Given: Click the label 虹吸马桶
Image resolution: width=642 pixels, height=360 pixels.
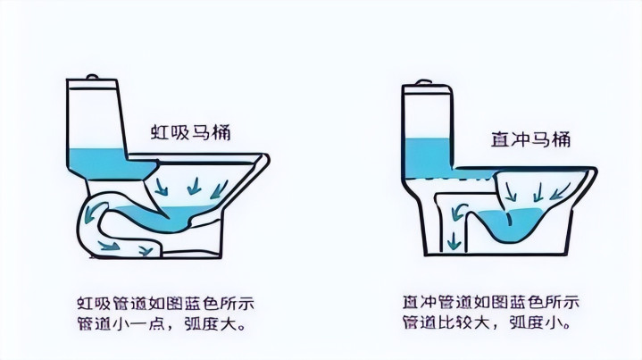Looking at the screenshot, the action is (191, 132).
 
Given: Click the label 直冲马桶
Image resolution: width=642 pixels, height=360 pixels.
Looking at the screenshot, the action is (530, 139).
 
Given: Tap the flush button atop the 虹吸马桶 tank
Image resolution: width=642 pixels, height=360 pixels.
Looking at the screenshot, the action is (93, 77).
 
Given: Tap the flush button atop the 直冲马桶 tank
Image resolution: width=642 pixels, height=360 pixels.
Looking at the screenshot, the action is (424, 82).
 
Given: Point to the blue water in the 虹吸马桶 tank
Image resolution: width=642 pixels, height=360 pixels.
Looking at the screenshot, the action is (107, 163).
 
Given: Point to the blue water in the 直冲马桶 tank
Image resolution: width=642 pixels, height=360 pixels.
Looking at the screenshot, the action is (429, 158).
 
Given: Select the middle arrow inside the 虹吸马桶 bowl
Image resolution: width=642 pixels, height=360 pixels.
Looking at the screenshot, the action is (194, 186).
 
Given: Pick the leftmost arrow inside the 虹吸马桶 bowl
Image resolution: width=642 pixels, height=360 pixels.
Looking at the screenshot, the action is (161, 187).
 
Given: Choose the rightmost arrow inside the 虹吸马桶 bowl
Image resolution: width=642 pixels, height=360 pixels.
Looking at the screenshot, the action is (219, 189).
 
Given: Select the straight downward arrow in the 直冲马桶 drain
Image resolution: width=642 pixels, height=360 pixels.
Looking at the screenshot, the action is (454, 240).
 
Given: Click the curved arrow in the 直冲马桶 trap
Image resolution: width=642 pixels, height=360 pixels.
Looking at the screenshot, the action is (459, 211).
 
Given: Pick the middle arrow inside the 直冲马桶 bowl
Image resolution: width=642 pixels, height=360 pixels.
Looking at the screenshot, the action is (538, 192).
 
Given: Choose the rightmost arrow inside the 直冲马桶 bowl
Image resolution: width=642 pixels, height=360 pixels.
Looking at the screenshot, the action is (559, 191).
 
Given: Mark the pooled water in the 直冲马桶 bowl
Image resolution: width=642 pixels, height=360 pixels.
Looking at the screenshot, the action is (512, 224).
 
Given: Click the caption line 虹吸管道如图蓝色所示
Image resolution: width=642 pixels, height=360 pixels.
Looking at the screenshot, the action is (166, 304).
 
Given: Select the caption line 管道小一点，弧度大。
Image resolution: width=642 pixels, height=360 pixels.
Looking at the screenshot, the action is (163, 324).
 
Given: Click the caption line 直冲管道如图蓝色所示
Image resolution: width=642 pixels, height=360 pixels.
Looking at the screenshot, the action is (491, 302).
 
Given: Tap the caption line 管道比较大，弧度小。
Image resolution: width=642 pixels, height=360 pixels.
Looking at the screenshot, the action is (488, 322).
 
